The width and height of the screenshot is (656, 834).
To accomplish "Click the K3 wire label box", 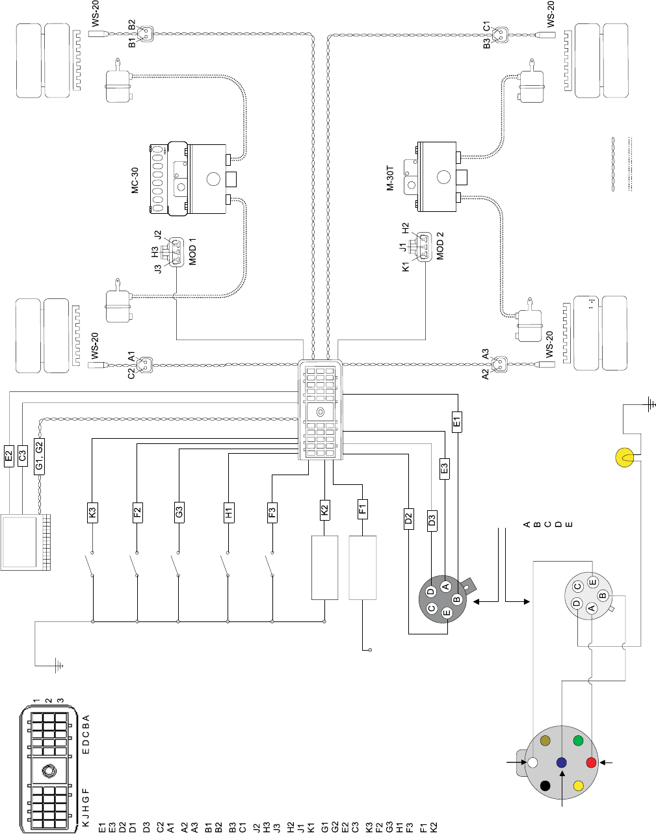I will (92, 512).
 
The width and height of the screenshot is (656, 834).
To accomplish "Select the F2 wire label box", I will (137, 512).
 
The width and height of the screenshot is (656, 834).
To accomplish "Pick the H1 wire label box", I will (228, 513).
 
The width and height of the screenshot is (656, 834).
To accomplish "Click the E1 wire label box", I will (457, 422).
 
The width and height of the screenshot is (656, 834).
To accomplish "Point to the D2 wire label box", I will (408, 518).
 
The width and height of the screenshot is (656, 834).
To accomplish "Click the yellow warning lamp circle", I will (625, 458).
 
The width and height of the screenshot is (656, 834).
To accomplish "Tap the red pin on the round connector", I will (591, 762).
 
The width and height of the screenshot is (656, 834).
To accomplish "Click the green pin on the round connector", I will (578, 740).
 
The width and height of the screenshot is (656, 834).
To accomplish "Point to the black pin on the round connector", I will (545, 785).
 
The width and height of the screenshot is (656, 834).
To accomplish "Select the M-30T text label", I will (391, 177).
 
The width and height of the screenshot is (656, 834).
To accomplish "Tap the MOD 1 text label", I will (192, 252).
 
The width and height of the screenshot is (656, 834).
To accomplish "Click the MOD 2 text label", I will (440, 246).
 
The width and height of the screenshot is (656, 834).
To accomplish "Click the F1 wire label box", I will (363, 508).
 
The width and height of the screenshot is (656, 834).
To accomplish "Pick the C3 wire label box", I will (22, 456).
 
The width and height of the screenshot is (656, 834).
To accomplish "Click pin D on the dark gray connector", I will (430, 592).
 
